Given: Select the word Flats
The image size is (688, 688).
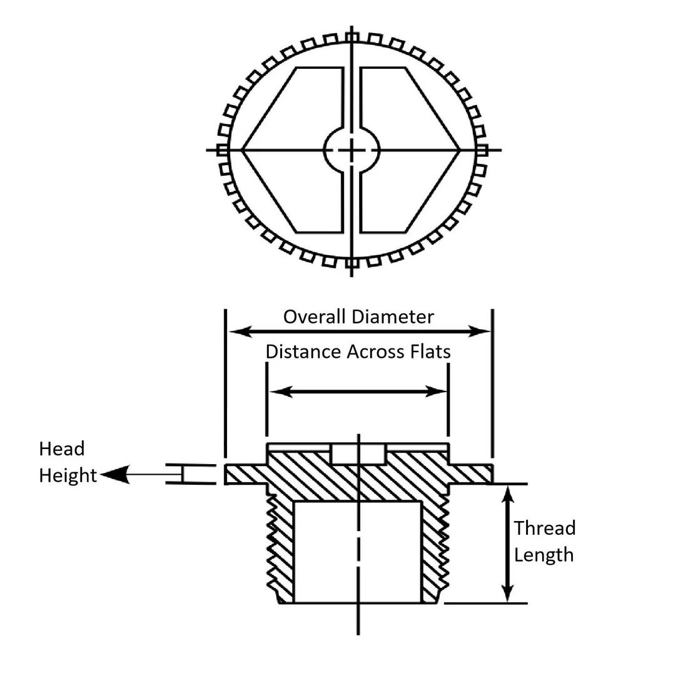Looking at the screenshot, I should click(x=429, y=352).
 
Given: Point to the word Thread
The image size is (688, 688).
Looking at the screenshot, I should click(x=544, y=529).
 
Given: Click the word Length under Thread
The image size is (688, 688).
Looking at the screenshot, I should click(x=544, y=555).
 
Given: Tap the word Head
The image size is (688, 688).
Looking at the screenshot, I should click(x=61, y=449).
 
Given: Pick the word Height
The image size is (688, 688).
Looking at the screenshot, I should click(x=68, y=476).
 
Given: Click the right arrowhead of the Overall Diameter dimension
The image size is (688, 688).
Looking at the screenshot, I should click(x=482, y=331).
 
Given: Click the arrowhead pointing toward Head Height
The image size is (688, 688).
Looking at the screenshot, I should click(x=113, y=475).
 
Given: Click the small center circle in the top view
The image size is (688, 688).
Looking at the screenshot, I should click(x=352, y=149).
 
